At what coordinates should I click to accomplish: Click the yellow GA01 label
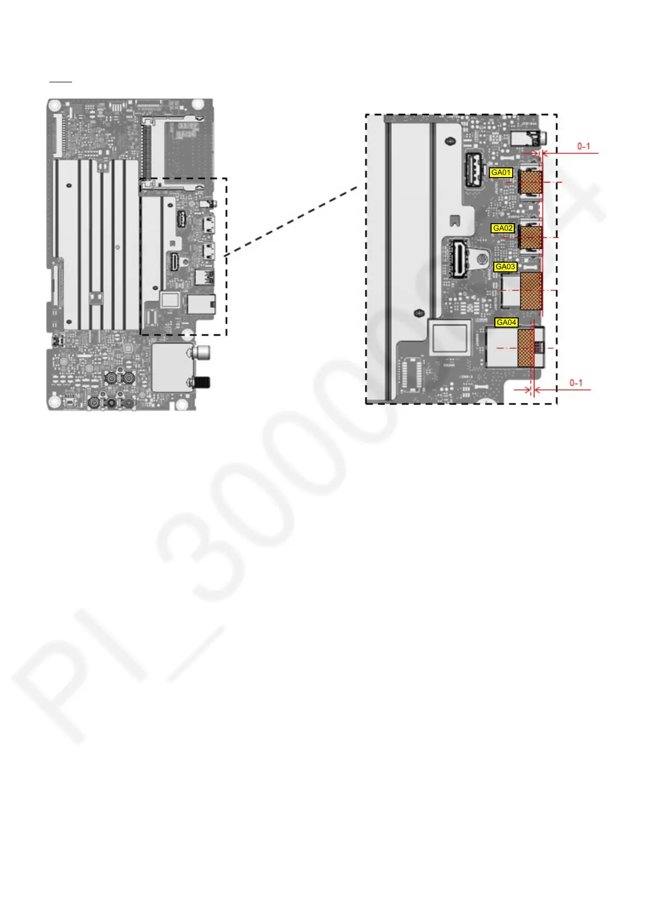[501, 173]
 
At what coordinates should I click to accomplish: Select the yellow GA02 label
[502, 229]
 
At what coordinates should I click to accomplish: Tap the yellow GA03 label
[505, 266]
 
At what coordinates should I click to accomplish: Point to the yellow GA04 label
[506, 322]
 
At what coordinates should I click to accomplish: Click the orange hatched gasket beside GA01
[531, 183]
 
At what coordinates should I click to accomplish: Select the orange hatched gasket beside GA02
[531, 237]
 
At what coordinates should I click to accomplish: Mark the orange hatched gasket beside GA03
[531, 291]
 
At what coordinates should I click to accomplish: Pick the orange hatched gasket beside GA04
[526, 348]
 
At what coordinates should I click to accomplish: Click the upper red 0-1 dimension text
[584, 146]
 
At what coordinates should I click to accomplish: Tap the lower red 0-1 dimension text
[576, 383]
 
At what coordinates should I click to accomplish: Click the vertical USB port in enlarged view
[473, 170]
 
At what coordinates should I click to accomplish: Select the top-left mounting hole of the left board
[55, 104]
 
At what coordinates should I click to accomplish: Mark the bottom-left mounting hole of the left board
[54, 401]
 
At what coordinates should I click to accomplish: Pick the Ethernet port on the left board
[201, 304]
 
